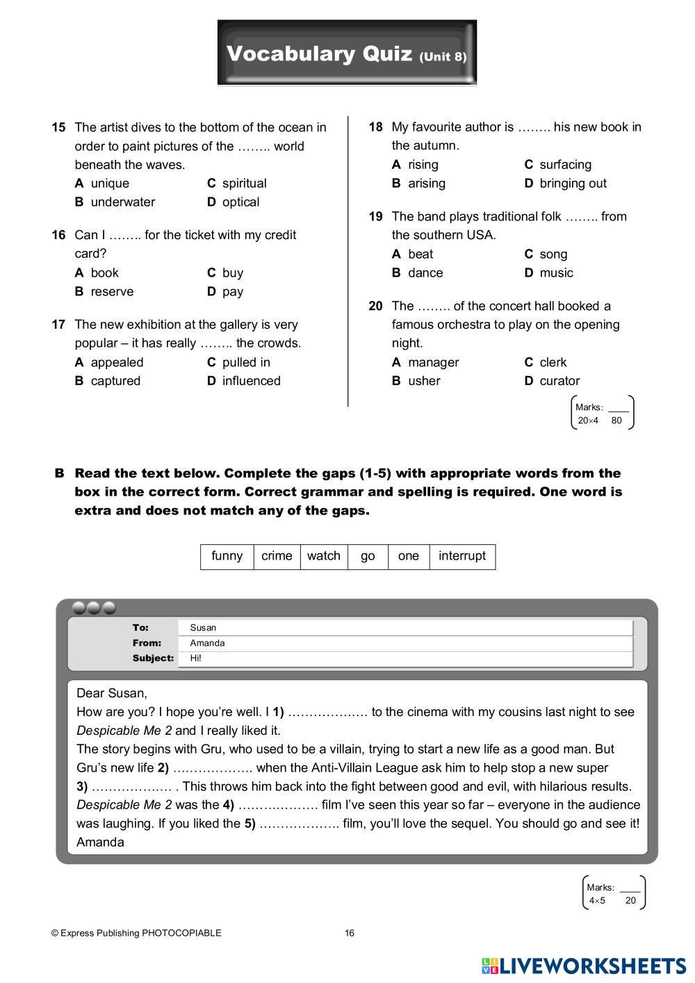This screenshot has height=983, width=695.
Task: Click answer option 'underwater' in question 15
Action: click(122, 202)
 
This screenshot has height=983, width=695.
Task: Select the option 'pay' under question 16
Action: click(232, 292)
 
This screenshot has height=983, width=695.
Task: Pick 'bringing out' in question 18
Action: click(573, 184)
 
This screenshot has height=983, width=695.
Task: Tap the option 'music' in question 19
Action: click(556, 273)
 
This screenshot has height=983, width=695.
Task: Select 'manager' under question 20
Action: click(433, 362)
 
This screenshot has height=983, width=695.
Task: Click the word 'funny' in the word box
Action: click(227, 556)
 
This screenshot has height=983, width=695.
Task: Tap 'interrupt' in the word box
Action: click(462, 556)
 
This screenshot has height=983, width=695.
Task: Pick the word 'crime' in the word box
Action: click(277, 556)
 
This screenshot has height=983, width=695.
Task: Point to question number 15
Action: click(58, 127)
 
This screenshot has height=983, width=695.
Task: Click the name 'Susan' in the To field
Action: click(203, 628)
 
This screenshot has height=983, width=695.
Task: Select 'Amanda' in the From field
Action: click(207, 643)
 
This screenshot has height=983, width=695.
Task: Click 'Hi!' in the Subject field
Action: click(195, 658)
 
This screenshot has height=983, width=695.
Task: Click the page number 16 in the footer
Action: click(350, 934)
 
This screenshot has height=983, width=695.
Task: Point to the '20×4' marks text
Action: click(588, 421)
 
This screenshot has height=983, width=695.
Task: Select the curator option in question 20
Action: click(559, 381)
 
